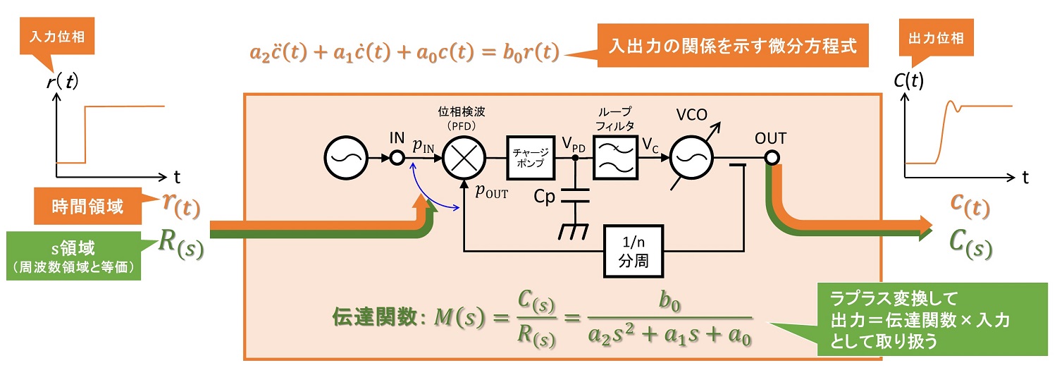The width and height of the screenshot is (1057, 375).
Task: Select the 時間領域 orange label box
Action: tap(87, 207)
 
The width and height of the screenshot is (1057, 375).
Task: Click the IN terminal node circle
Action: tap(397, 158)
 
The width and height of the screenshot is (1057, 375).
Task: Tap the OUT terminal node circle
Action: tap(772, 158)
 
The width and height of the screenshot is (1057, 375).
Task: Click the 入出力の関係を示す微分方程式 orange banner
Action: tap(732, 47)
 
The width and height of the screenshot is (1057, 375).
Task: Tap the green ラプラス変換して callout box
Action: tap(923, 318)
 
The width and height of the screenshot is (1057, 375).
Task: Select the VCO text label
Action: tap(693, 113)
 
